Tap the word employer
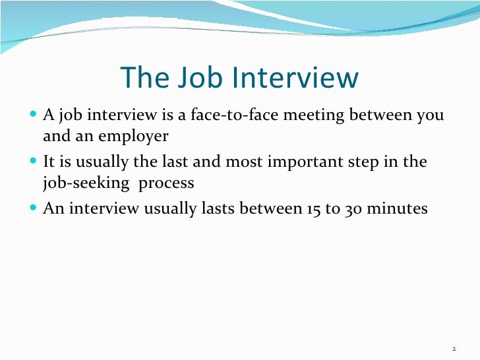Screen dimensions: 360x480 [x=135, y=136]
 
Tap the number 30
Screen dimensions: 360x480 [x=351, y=209]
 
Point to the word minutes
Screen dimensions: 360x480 [x=398, y=209]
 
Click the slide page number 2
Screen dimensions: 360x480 [x=454, y=349]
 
